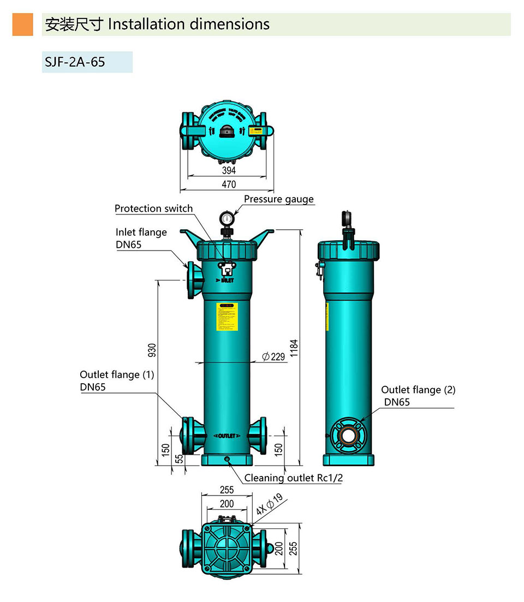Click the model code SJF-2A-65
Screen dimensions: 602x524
[x=75, y=62]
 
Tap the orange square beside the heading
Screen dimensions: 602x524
[x=22, y=25]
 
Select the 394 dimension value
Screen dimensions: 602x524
[x=229, y=171]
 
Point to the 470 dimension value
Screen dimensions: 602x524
[x=229, y=185]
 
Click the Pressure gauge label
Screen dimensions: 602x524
[x=278, y=199]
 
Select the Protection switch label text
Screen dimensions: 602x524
[x=153, y=208]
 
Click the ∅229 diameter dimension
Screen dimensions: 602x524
[x=273, y=357]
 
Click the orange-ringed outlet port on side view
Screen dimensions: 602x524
[x=349, y=434]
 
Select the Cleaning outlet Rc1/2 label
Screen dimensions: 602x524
[x=293, y=478]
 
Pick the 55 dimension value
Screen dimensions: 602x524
[x=178, y=459]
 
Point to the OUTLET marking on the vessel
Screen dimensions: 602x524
[x=226, y=436]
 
